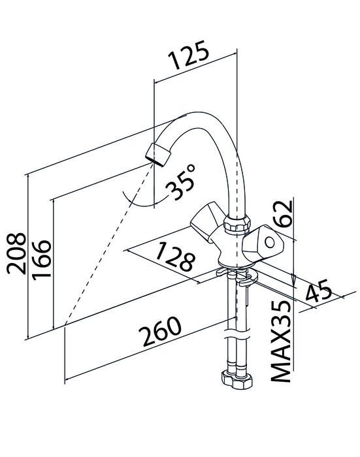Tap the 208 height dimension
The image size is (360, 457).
[16, 253]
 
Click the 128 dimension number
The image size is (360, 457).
[174, 257]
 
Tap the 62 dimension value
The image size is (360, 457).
[282, 213]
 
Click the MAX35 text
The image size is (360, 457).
[281, 341]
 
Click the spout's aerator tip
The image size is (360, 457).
[158, 154]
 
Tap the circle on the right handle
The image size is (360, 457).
[270, 242]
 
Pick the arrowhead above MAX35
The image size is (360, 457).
[294, 280]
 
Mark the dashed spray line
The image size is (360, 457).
[109, 244]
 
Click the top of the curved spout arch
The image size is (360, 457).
[201, 113]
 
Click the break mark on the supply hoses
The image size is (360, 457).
[237, 334]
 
